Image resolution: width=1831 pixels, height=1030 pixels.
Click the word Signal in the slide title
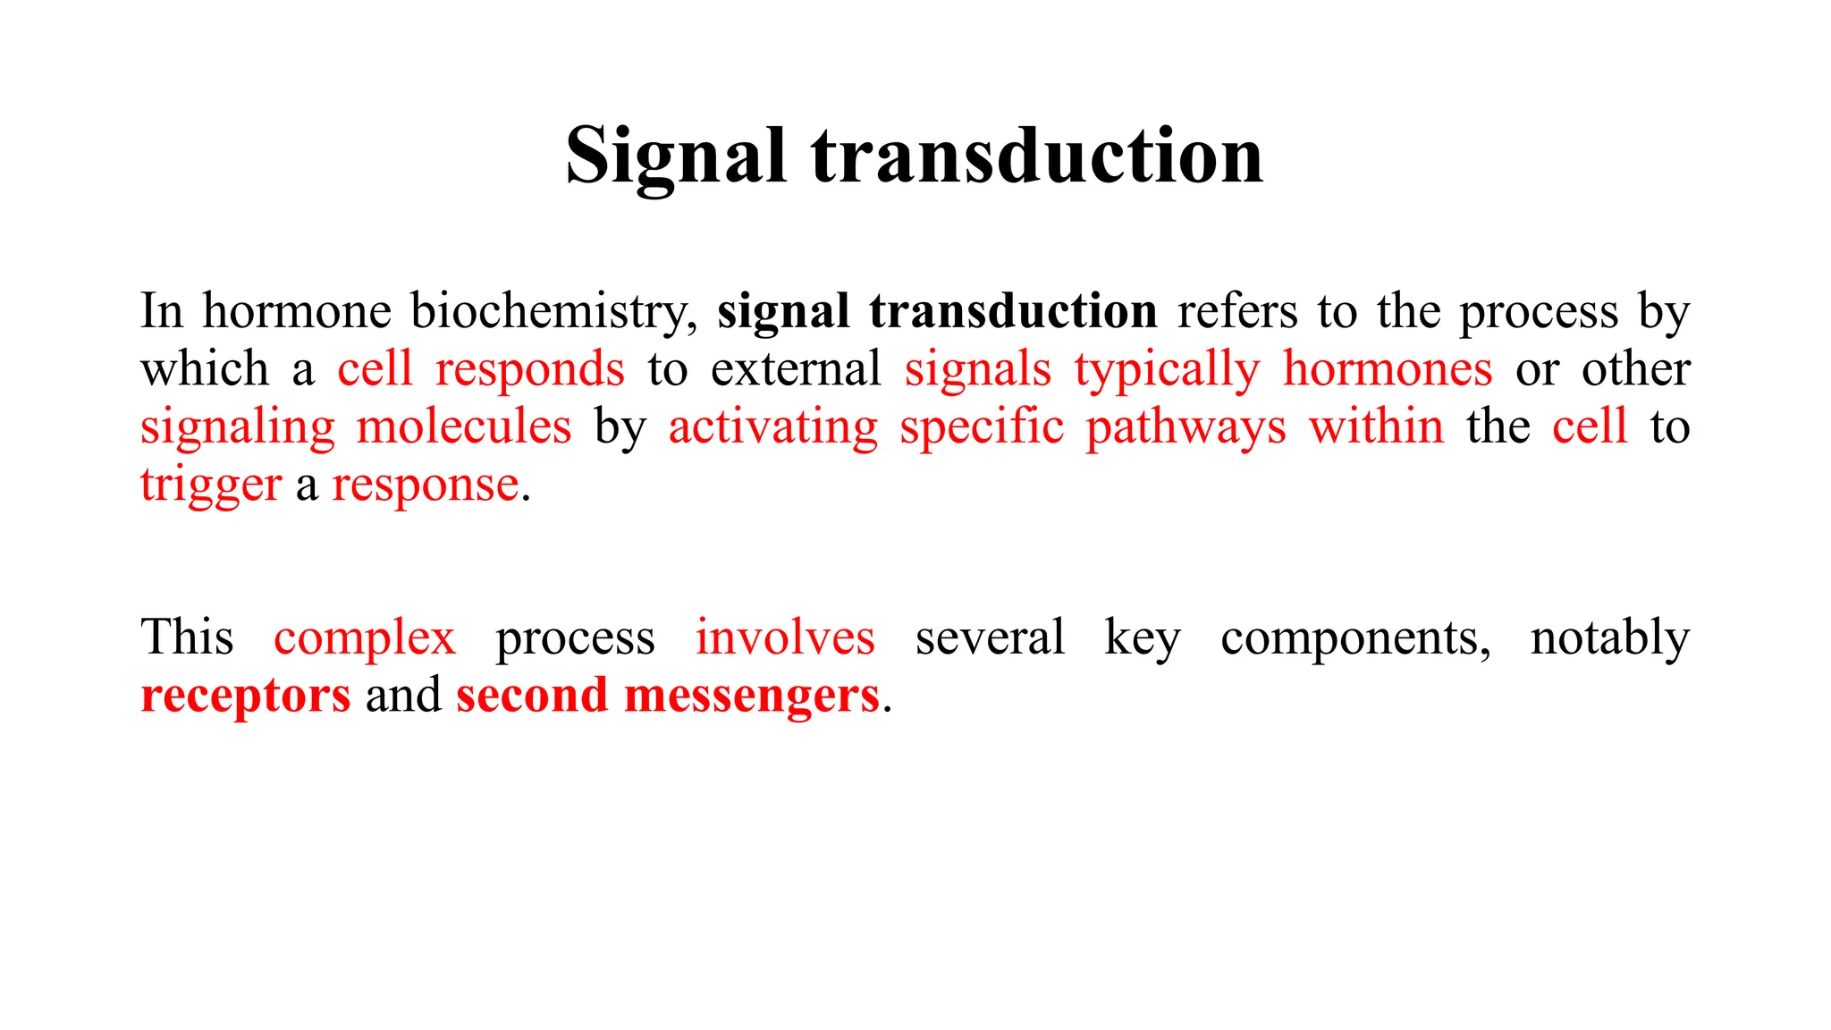(x=676, y=156)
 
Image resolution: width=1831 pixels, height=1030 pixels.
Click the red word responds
(x=529, y=369)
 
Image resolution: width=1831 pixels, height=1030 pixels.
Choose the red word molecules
(x=463, y=426)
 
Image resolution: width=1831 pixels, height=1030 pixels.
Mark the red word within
(x=1376, y=426)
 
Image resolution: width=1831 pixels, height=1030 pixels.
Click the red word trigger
(x=211, y=485)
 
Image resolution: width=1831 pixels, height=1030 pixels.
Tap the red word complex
(x=365, y=639)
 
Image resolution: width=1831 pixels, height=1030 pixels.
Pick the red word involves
(x=785, y=637)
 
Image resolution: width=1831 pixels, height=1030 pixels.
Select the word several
(x=990, y=637)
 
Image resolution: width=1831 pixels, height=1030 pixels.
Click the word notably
(x=1609, y=639)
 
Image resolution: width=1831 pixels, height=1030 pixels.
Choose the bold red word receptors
(x=246, y=697)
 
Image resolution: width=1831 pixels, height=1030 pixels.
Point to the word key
(x=1142, y=639)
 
